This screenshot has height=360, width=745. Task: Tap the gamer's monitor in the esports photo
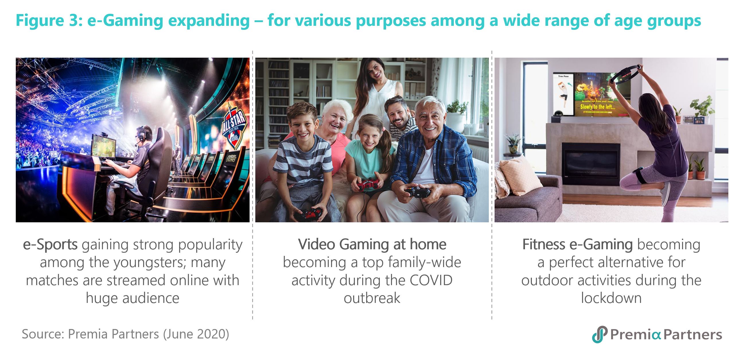[104, 146]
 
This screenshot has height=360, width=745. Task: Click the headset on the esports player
[141, 134]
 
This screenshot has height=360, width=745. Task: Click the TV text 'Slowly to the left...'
[598, 107]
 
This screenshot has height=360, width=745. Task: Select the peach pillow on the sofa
[520, 176]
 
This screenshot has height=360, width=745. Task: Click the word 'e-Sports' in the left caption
[50, 245]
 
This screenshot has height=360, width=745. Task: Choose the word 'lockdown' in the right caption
[611, 298]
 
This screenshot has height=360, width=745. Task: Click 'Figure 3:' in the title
[49, 21]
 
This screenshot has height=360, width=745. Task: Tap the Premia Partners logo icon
[599, 334]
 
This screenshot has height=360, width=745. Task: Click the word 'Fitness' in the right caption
[543, 245]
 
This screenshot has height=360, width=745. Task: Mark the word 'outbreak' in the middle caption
[372, 298]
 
